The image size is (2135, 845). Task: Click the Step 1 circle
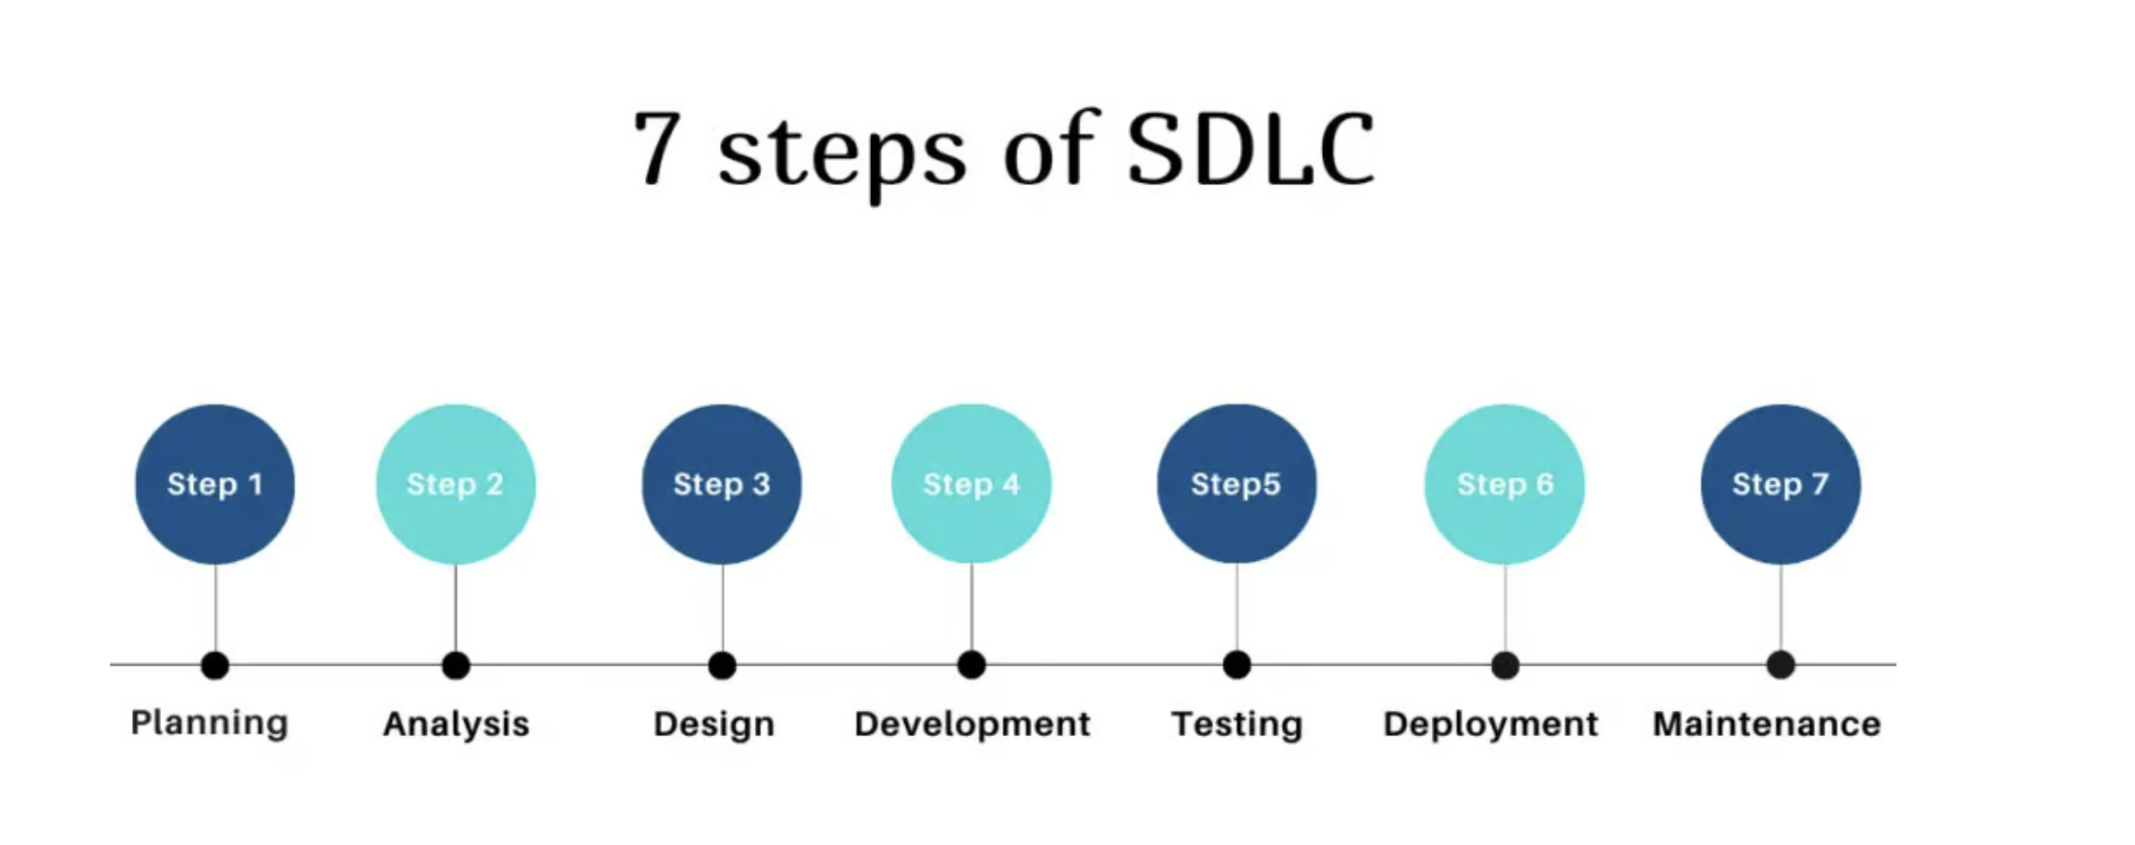coord(214,484)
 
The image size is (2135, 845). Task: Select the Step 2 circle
coord(456,484)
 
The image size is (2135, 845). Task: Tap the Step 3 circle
coord(722,484)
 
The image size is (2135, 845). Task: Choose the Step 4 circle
coord(971,484)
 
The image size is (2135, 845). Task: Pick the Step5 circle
coord(1236,484)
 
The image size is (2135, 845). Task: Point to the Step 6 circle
coord(1504,484)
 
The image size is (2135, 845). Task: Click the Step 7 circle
coord(1780,484)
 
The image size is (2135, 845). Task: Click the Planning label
coord(210,724)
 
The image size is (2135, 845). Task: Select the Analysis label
coord(456,724)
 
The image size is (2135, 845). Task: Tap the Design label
coord(714,724)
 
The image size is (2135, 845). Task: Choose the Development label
coord(972,724)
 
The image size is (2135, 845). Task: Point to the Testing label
coord(1237,724)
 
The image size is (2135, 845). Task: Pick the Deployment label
coord(1491,724)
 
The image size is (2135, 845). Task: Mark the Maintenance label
coord(1767,724)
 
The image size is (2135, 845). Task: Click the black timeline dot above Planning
coord(215,665)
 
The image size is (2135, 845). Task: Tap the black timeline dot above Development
coord(971,665)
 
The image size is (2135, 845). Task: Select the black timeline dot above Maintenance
coord(1780,665)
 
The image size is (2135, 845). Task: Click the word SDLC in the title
coord(1251,149)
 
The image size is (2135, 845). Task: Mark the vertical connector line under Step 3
coord(722,608)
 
